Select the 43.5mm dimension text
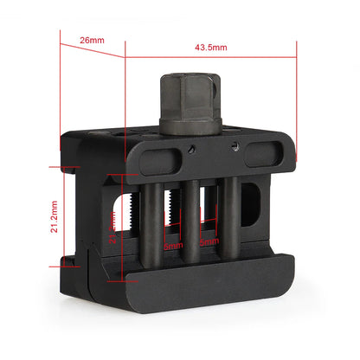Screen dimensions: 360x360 tap(210, 47)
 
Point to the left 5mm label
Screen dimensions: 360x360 tap(174, 245)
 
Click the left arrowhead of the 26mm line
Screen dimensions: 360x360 tap(62, 59)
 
